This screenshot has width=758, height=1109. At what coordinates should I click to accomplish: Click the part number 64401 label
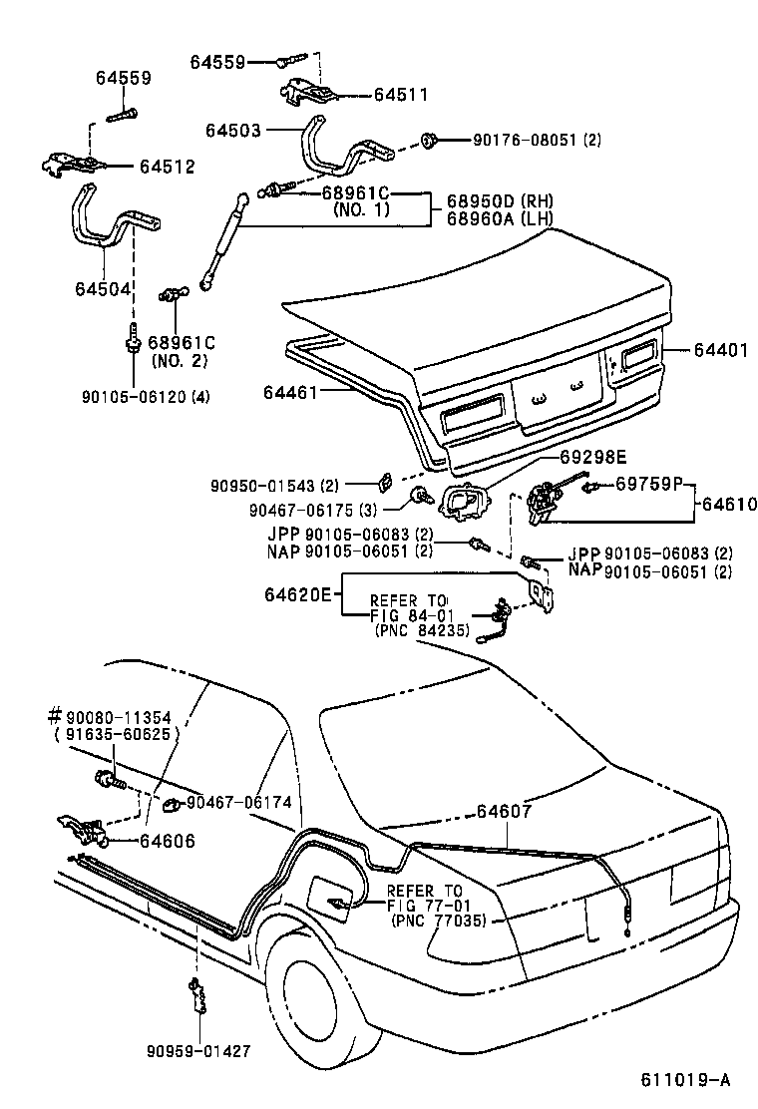[x=715, y=350]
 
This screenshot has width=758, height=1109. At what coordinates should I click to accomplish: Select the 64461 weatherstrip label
[x=290, y=392]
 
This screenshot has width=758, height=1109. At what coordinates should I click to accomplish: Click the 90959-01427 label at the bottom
[x=197, y=1050]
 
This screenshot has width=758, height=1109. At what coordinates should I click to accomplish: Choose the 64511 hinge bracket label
[x=400, y=96]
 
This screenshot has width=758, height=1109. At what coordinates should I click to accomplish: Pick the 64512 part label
[x=167, y=167]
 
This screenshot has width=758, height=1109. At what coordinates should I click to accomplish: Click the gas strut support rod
[x=224, y=240]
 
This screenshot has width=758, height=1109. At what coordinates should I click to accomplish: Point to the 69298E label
[x=591, y=457]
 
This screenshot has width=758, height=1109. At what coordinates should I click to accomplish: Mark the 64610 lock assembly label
[x=728, y=505]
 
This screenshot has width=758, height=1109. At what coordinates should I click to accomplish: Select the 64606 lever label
[x=167, y=841]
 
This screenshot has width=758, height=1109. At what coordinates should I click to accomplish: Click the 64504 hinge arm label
[x=101, y=289]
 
